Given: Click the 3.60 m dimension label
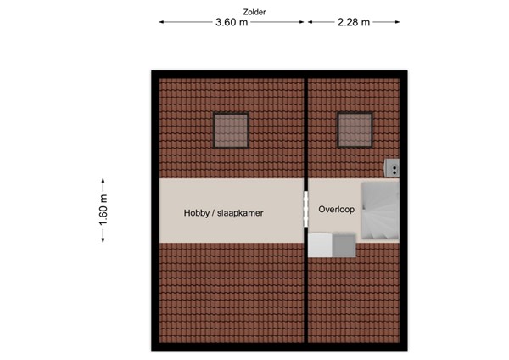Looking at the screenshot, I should pos(232,23).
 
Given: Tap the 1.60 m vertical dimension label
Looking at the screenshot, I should pos(103,210).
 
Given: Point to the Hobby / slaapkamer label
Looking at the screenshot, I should pos(224,213).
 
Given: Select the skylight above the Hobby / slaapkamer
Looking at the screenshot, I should pos(231,130).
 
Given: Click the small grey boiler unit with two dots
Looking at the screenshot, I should pos(393,168).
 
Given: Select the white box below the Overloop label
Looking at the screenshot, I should pos(320,245).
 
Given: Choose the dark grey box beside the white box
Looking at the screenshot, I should pos(343,245).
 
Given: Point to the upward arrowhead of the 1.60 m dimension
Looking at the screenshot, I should pos(103,180).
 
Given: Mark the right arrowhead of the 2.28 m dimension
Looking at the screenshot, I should pos(398,23).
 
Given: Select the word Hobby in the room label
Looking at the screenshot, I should pos(198,213).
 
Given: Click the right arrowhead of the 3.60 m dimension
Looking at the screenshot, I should pos(302,23).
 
